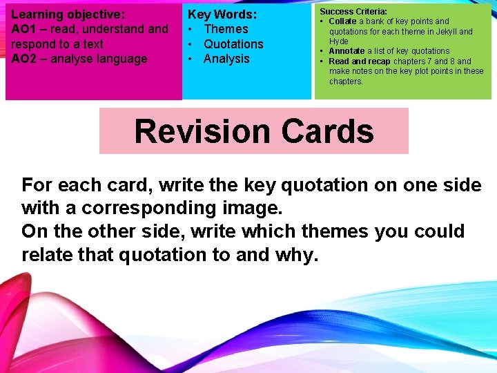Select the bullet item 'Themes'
click(226, 29)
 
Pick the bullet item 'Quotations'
click(233, 44)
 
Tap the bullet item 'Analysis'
click(226, 59)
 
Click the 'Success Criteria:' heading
click(353, 12)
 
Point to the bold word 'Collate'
click(342, 21)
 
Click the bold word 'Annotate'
click(347, 51)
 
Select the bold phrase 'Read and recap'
click(360, 61)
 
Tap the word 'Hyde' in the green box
click(339, 41)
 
